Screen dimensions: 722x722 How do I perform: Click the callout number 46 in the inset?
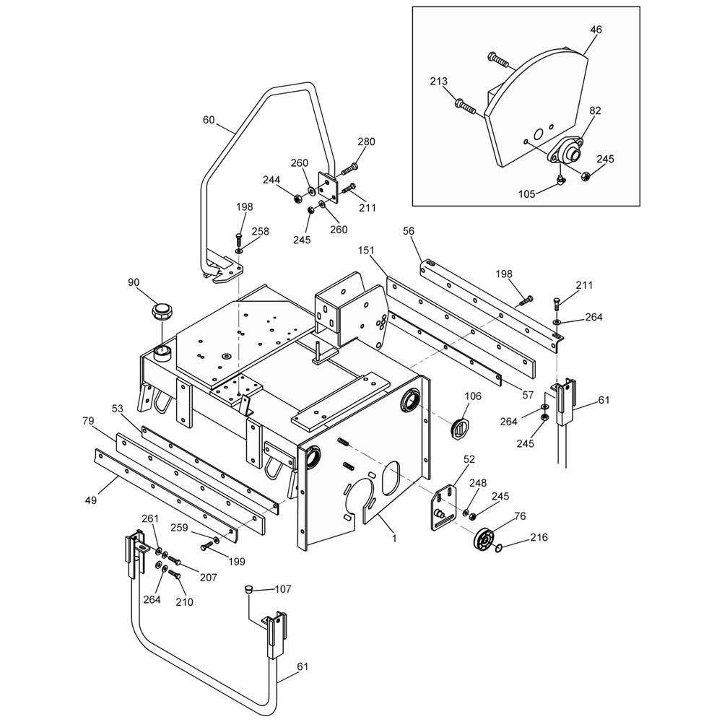[x=596, y=30]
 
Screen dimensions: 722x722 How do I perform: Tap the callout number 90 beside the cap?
[x=133, y=282]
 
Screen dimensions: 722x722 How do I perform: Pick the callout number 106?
[x=472, y=396]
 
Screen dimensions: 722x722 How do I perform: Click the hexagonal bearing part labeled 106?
[x=460, y=427]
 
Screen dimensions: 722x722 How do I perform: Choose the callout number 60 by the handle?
[x=209, y=120]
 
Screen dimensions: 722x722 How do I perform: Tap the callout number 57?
[x=529, y=395]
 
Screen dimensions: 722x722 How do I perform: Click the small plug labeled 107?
[x=248, y=590]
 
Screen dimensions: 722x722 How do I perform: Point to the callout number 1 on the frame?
[x=395, y=537]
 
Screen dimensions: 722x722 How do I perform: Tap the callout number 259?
[x=180, y=528]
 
